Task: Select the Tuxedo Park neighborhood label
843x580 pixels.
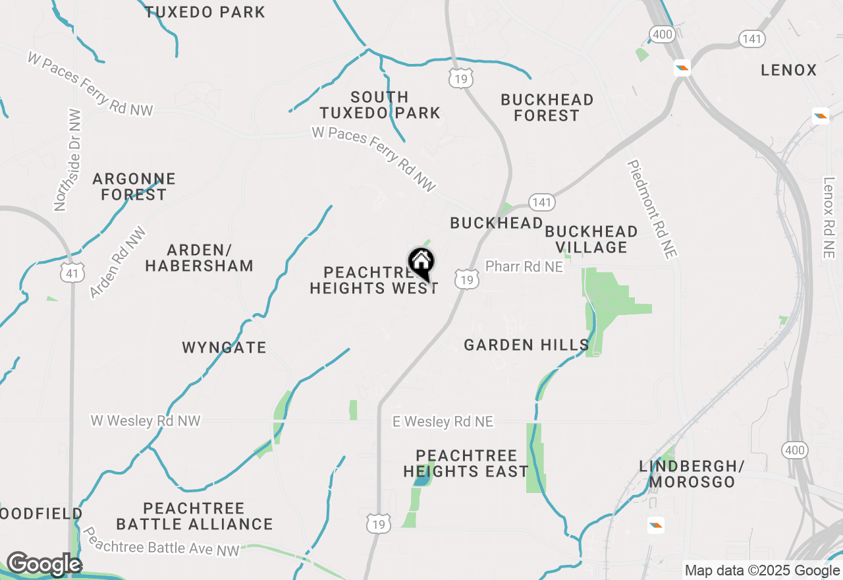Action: tap(205, 12)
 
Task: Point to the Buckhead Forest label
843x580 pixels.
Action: tap(547, 107)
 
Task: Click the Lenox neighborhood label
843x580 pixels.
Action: tap(788, 70)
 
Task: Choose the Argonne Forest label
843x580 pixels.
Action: tap(134, 187)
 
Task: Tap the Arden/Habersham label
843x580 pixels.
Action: tap(199, 258)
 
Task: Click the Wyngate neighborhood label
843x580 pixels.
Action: tap(224, 347)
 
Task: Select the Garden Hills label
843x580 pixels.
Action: tap(526, 345)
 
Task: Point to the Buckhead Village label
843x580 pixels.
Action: tap(591, 239)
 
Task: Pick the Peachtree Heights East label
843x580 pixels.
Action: tap(466, 463)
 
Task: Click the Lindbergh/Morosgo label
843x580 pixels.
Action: tap(692, 474)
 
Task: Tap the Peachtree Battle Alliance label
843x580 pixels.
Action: tap(194, 516)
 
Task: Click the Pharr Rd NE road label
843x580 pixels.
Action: tap(524, 266)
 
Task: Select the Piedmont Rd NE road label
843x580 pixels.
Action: tap(652, 208)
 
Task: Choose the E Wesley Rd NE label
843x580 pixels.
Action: tap(443, 421)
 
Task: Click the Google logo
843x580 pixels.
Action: tap(44, 564)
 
